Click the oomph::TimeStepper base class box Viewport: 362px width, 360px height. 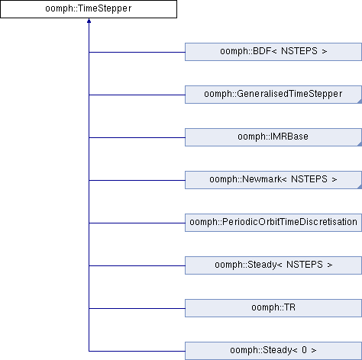coord(89,9)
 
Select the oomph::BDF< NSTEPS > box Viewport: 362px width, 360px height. coord(273,52)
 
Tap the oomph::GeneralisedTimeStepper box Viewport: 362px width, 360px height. coord(273,95)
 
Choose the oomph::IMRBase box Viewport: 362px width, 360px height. coord(273,137)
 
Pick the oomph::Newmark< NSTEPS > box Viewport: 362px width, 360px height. coord(273,180)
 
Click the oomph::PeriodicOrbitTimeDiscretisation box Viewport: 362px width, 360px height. coord(273,223)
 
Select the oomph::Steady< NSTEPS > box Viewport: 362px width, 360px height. coord(273,265)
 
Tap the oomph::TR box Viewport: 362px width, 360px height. coord(273,308)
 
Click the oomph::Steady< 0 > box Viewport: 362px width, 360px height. coord(273,351)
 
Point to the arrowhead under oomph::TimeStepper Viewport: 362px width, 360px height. coord(89,21)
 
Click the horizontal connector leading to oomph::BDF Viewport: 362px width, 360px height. coord(137,52)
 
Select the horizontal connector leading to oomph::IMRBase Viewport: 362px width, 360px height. coord(137,137)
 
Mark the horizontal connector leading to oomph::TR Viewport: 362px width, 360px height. coord(137,308)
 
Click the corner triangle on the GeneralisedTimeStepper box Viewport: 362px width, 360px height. coord(360,101)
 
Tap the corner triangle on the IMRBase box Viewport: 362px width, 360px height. coord(360,144)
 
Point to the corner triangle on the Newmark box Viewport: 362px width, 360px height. coord(360,187)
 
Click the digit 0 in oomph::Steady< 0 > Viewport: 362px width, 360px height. coord(304,350)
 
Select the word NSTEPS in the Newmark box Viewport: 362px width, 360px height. coord(309,179)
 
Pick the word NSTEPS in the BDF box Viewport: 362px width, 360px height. coord(299,51)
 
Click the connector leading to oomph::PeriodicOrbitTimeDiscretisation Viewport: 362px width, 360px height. coord(137,223)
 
